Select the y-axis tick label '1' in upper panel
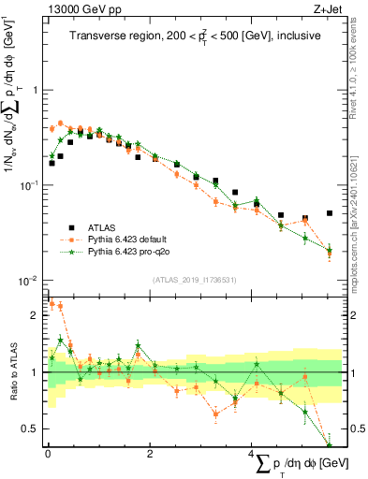click(x=35, y=91)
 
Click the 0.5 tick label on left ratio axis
click(x=31, y=428)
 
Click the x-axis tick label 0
click(x=47, y=455)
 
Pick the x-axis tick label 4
click(x=250, y=455)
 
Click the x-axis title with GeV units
click(x=298, y=465)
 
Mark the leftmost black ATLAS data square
click(x=52, y=163)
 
